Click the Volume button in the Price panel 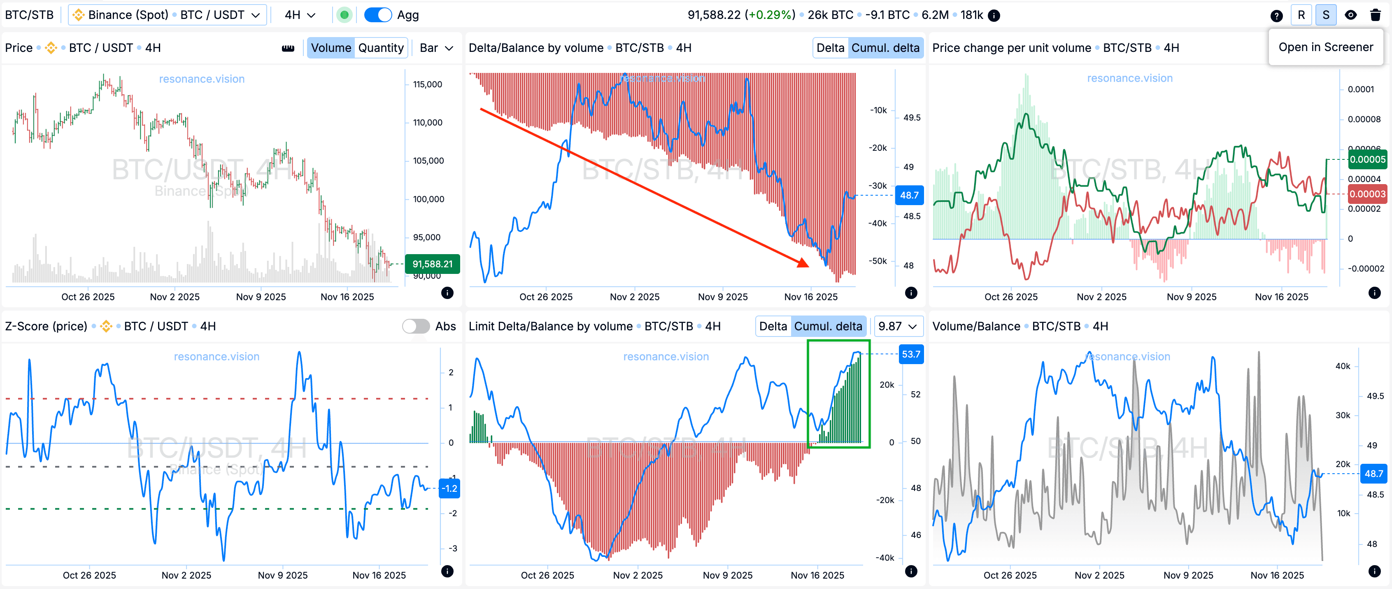point(331,48)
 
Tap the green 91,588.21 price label point(432,264)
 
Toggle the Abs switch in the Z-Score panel point(416,326)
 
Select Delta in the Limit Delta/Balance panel point(773,326)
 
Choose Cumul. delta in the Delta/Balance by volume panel point(885,48)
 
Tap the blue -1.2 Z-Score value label point(449,488)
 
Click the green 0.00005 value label point(1367,159)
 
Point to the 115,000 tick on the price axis point(427,84)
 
